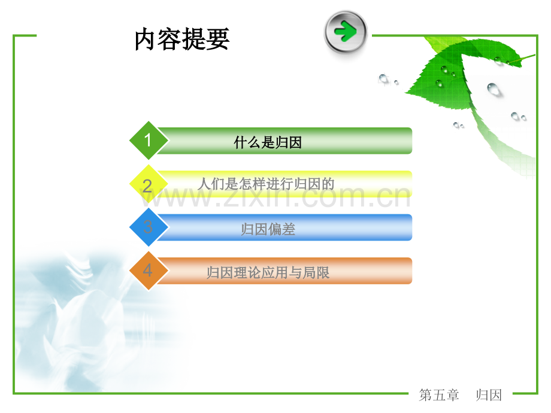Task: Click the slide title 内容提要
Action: tap(182, 39)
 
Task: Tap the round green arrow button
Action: tap(346, 32)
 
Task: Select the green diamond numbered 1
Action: tap(149, 141)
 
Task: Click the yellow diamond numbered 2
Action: tap(149, 184)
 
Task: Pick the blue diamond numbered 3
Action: tap(149, 227)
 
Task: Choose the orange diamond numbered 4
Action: tap(149, 271)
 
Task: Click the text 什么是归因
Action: tap(268, 142)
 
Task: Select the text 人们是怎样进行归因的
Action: tap(266, 184)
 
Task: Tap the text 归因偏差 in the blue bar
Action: tap(268, 229)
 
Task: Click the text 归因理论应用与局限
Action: tap(268, 273)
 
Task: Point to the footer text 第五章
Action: tap(439, 395)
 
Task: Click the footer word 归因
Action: tap(489, 395)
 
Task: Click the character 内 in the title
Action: tap(146, 40)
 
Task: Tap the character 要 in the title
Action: tap(218, 40)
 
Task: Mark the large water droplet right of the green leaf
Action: tap(494, 89)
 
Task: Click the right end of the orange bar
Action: tap(411, 271)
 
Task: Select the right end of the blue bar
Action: tap(411, 227)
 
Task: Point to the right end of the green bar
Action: tap(411, 141)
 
